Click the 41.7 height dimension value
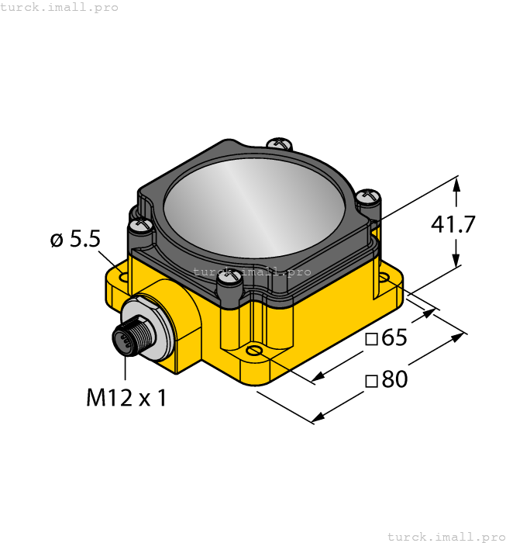tap(453, 225)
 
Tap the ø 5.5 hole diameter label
tap(75, 240)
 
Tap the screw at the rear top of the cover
tap(278, 144)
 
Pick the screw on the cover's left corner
tap(140, 226)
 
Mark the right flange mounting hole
tap(385, 276)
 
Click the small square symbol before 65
tap(371, 340)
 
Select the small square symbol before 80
tap(371, 381)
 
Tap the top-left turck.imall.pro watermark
tap(60, 7)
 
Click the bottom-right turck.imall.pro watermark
tap(446, 536)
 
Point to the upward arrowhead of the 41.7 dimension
tap(456, 185)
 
